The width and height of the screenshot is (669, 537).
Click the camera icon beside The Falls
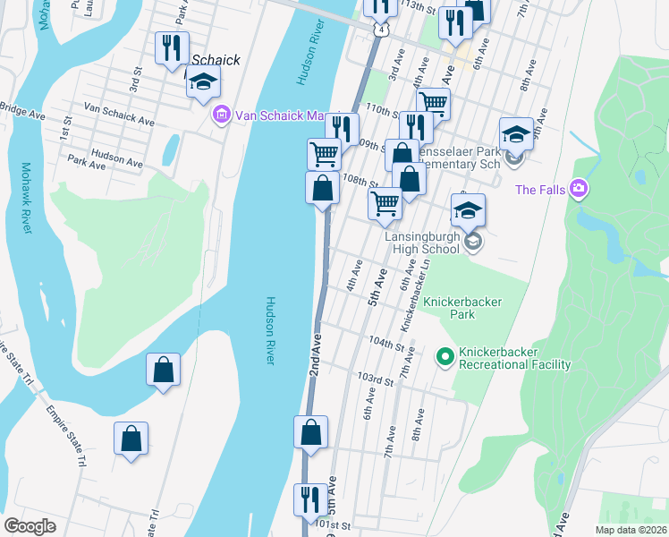[x=579, y=189]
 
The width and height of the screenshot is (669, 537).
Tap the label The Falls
[x=539, y=189]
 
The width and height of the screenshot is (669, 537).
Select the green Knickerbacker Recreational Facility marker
[x=444, y=358]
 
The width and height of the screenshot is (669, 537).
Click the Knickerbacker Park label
[x=462, y=309]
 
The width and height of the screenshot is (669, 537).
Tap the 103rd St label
[x=376, y=379]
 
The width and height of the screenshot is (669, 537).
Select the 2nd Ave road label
[x=316, y=355]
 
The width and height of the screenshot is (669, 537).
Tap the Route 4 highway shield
[x=382, y=30]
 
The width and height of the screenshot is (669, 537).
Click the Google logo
[x=30, y=525]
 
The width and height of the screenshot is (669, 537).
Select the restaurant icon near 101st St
[x=310, y=499]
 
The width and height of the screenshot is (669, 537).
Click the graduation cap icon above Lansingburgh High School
[x=468, y=211]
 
